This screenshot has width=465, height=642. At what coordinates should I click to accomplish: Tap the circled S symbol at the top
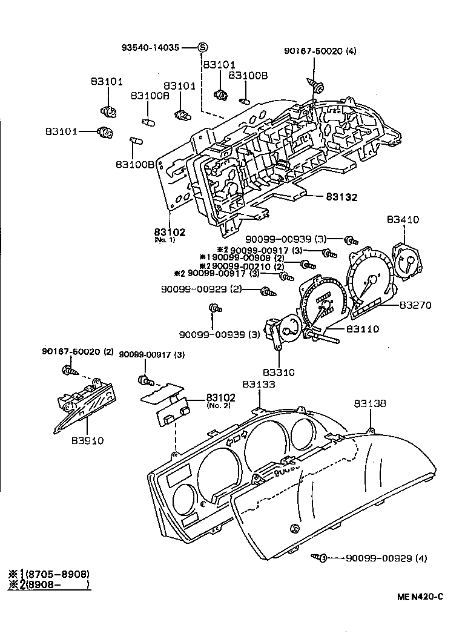click(x=202, y=48)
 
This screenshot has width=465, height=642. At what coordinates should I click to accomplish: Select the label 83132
click(x=341, y=197)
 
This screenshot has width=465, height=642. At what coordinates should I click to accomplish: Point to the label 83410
click(x=404, y=220)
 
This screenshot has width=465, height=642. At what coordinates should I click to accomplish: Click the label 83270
click(x=415, y=305)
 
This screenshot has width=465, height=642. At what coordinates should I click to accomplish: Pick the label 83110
click(x=362, y=329)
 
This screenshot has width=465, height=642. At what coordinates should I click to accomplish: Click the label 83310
click(x=279, y=372)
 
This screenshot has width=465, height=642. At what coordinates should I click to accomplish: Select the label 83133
click(x=259, y=384)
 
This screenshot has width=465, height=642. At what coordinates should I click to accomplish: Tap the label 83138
click(x=370, y=403)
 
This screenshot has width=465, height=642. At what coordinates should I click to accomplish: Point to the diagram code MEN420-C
click(x=420, y=596)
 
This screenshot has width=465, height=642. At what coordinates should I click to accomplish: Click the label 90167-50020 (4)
click(x=320, y=51)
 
